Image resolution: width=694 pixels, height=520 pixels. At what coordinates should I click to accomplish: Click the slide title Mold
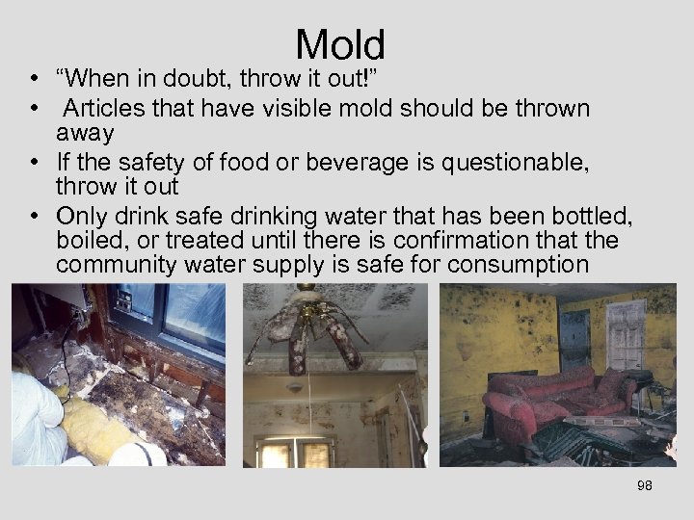point(340,44)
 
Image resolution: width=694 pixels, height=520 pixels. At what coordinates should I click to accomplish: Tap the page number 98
point(645,485)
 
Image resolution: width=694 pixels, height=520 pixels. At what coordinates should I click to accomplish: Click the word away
point(85,132)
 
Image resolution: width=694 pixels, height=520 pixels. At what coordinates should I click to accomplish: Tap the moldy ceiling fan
point(308,332)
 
